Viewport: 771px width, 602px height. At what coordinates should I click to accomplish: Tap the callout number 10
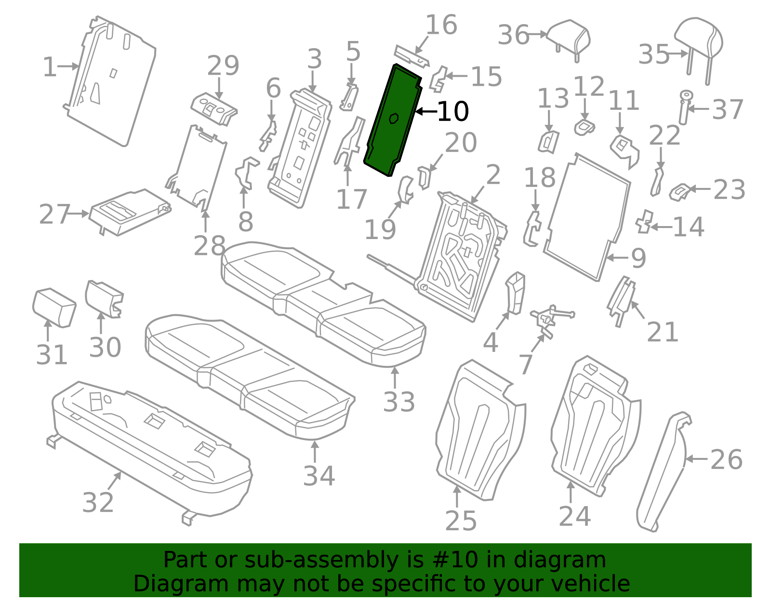coord(453,112)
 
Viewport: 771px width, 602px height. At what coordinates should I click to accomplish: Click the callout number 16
coord(441,25)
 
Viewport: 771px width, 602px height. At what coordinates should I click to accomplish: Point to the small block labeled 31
coord(54,307)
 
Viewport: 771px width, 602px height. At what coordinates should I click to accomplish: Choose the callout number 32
coord(98,502)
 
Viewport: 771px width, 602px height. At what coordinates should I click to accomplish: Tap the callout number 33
coord(399,402)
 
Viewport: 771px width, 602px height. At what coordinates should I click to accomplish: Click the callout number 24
coord(575,516)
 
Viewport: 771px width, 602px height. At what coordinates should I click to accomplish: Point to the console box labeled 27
coord(130,212)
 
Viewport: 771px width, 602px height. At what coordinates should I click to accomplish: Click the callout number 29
coord(223,65)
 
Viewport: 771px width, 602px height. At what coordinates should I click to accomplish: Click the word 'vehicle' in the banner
coord(584,584)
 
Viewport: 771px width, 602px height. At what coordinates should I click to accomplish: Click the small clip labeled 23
coord(679,192)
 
